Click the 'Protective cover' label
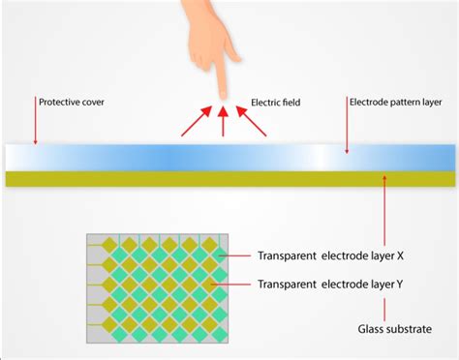(71, 101)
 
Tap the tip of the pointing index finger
(221, 93)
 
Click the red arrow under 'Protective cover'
(35, 124)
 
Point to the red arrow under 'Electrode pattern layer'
(347, 129)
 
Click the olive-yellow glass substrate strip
(229, 178)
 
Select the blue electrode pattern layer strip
(229, 157)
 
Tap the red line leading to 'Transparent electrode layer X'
(238, 256)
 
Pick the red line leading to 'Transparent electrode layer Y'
(238, 284)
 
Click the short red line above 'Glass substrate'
(386, 309)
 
